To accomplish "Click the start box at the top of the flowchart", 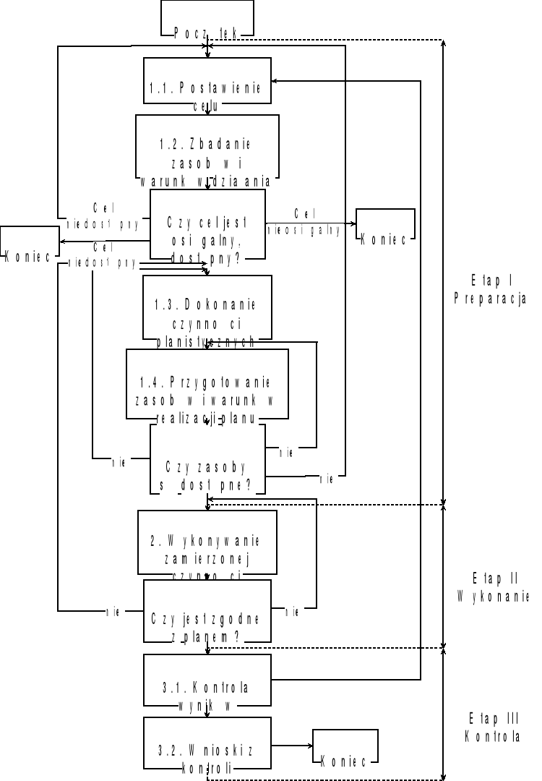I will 207,18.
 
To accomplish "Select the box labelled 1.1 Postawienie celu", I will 207,80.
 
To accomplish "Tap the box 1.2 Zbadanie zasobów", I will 207,145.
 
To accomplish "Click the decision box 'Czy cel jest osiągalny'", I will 207,224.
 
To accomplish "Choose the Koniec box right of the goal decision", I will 385,225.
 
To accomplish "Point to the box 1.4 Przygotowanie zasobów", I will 207,384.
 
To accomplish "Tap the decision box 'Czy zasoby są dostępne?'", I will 207,460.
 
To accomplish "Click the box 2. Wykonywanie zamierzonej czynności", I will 207,542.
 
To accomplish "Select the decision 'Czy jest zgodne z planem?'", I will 207,611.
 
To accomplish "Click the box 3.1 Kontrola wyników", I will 207,679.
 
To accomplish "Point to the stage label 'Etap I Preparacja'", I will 489,289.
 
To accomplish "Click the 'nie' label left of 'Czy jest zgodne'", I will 113,612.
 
